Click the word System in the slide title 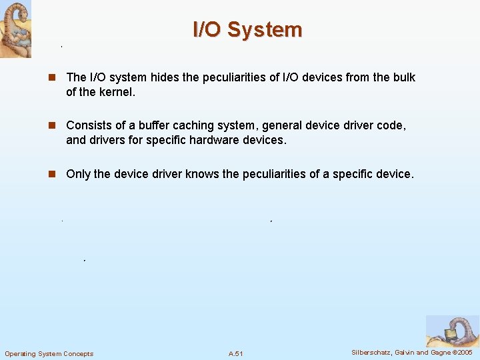(265, 30)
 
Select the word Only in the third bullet (78, 174)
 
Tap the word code (390, 125)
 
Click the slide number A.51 (236, 353)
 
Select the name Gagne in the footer (439, 353)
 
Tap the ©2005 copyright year (462, 353)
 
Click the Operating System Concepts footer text (49, 353)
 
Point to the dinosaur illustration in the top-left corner (15, 29)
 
